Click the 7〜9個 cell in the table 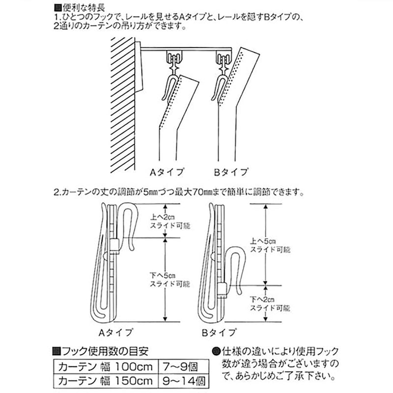183,367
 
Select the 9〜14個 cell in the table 183,381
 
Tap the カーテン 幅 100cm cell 106,367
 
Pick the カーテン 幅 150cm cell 106,381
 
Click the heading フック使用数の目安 105,351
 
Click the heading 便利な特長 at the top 84,8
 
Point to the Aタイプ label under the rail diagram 167,172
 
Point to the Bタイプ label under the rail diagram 231,172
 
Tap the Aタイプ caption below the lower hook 115,333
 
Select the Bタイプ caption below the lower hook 219,333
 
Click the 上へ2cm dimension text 163,217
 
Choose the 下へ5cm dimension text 163,276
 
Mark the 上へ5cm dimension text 263,241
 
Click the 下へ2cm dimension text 262,300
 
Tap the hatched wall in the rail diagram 122,105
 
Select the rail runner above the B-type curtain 224,60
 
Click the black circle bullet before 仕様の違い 216,351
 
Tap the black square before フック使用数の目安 57,351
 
